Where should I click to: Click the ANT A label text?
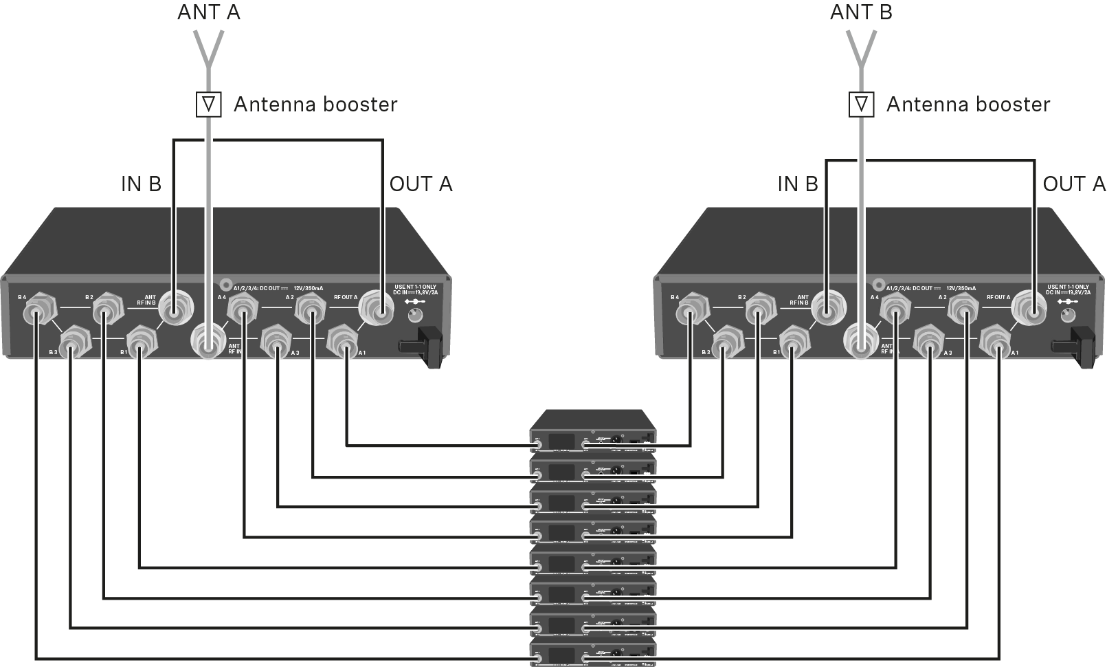coord(208,12)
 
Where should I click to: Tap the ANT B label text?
coord(861,12)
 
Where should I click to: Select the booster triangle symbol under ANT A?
coord(209,105)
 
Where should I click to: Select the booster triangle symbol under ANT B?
coord(862,105)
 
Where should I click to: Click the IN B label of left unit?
coord(141,184)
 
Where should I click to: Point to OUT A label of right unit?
coord(1074,184)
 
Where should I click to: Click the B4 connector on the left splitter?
coord(36,314)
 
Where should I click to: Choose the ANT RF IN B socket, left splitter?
coord(176,307)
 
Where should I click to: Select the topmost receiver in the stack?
coord(592,433)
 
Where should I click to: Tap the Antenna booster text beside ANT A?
coord(315,105)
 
